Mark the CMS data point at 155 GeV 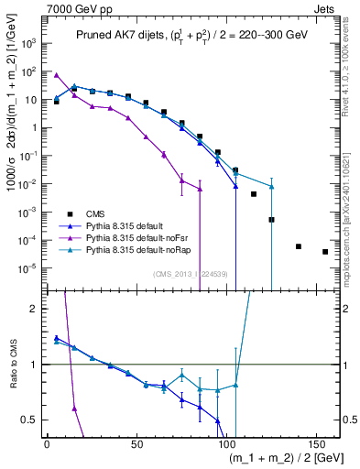point(325,252)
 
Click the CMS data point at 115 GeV point(254,194)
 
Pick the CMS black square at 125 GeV point(271,220)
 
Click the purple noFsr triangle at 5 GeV point(57,75)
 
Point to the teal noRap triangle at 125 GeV point(271,187)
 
